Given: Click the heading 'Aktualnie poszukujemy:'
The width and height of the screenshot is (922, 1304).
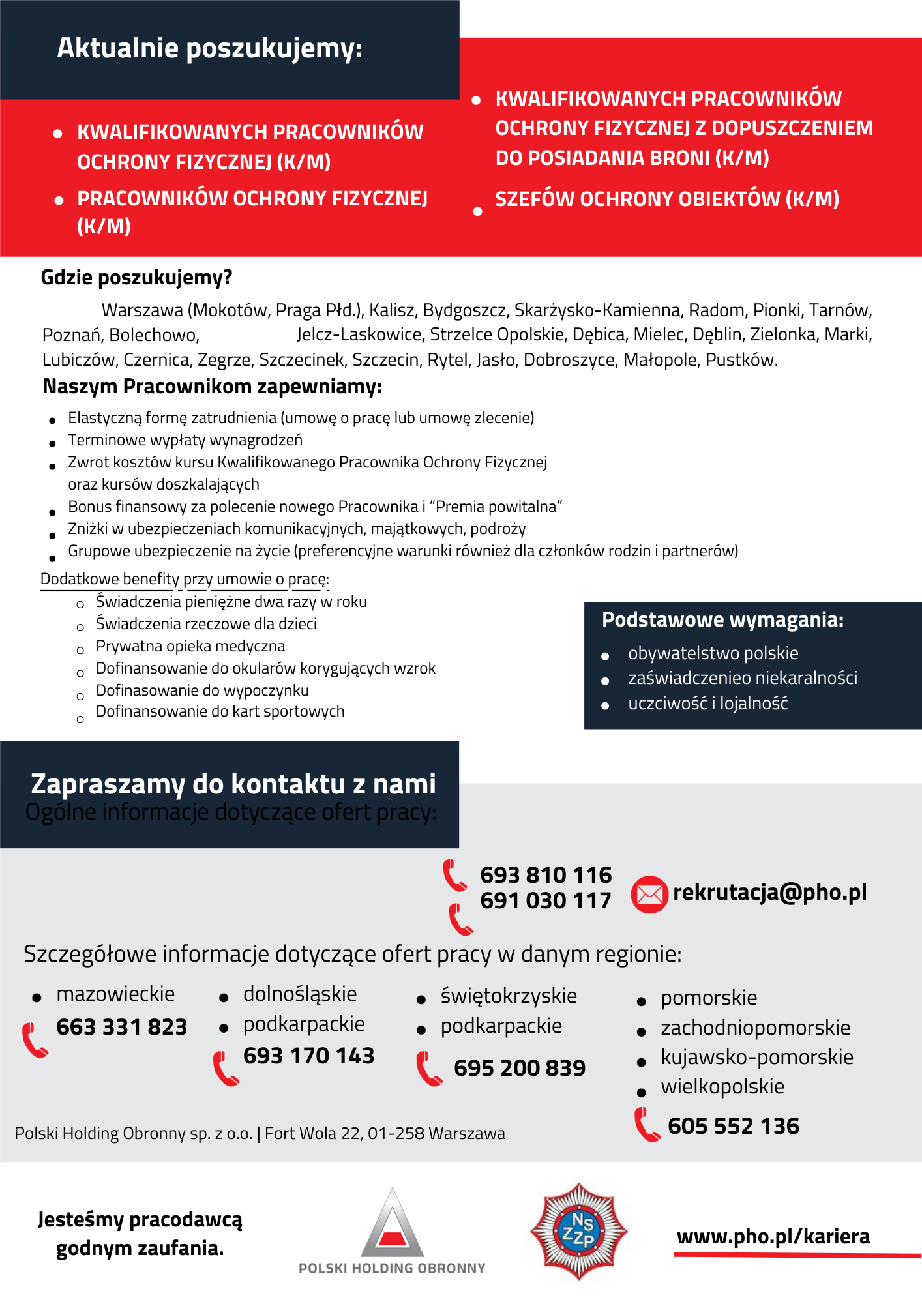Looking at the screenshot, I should [209, 49].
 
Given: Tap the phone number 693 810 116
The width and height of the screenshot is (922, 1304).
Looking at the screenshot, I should [546, 875].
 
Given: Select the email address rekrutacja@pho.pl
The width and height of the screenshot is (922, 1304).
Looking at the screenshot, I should [769, 892].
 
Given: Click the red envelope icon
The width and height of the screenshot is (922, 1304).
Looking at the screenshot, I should [649, 895].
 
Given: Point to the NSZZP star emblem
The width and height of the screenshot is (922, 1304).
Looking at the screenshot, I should [578, 1232].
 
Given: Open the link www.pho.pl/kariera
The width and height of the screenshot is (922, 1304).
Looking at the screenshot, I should [773, 1237].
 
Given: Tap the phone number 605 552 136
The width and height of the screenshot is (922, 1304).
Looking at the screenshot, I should [733, 1126].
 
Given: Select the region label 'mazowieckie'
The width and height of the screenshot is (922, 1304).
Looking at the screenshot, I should [115, 994].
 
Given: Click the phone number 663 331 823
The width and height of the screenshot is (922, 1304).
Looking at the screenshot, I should [122, 1027].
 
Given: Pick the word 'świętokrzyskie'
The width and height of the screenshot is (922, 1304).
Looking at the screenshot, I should [509, 996].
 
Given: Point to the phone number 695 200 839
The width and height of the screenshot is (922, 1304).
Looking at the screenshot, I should [520, 1068].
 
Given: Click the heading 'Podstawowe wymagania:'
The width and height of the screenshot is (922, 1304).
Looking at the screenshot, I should [722, 619].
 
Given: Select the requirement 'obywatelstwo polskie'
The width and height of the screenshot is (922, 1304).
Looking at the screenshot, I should [713, 653].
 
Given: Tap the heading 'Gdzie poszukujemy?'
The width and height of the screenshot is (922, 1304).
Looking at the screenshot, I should [136, 278].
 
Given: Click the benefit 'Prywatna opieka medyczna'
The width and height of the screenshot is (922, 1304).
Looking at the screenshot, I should [190, 646].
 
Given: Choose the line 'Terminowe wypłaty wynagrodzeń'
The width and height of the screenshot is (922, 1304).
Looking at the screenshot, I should [185, 440].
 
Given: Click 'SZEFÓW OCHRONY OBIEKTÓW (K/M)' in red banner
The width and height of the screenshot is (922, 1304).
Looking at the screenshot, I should [667, 200].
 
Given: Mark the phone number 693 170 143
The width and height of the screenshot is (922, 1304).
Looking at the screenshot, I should [308, 1056].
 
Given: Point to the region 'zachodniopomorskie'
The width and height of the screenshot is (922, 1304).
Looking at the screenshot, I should [755, 1028].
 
